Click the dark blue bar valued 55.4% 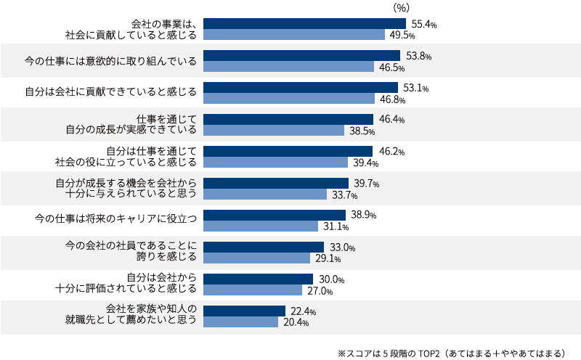pyautogui.click(x=304, y=24)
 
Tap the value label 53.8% pyautogui.click(x=415, y=56)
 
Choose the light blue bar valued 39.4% pyautogui.click(x=275, y=163)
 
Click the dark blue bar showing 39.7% pyautogui.click(x=276, y=183)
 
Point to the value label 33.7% pyautogui.click(x=343, y=195)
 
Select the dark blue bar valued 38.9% pyautogui.click(x=275, y=215)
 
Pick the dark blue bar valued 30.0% pyautogui.click(x=258, y=279)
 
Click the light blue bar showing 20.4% pyautogui.click(x=240, y=322)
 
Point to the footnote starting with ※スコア pyautogui.click(x=451, y=353)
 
